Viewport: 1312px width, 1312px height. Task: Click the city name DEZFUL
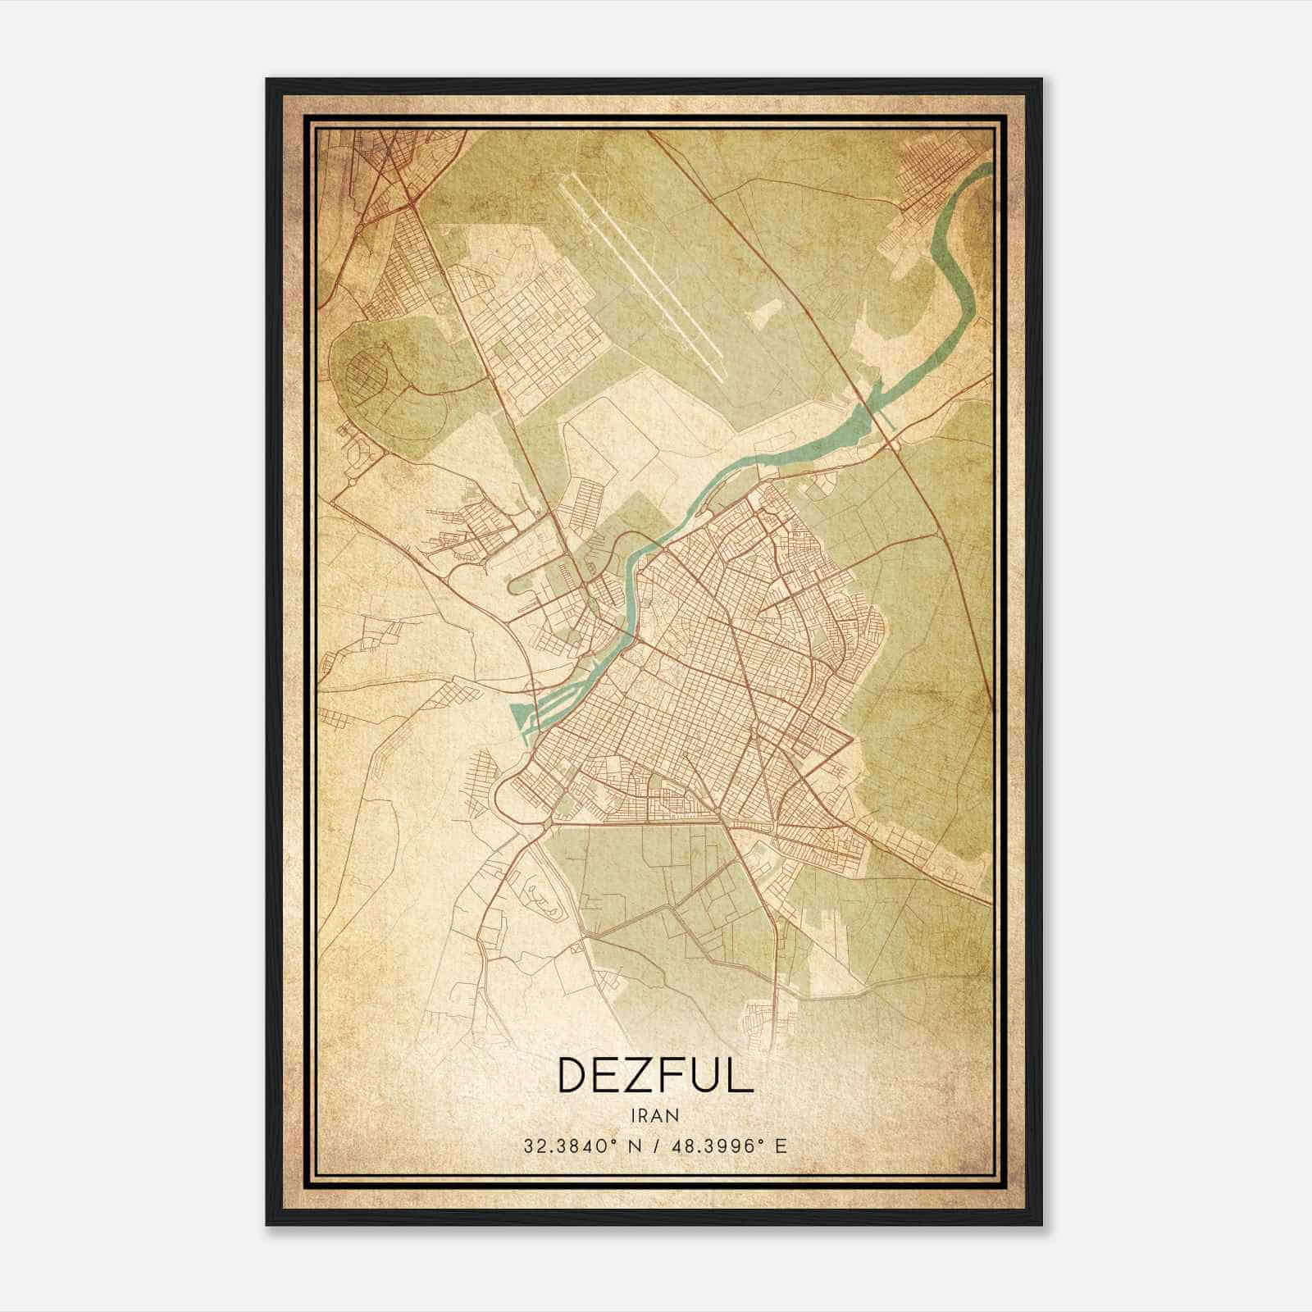click(654, 1075)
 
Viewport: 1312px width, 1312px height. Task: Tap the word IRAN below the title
click(654, 1115)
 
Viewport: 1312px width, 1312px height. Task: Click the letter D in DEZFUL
click(573, 1075)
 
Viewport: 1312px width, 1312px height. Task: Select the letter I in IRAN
click(634, 1115)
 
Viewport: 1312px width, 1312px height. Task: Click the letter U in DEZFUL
click(706, 1075)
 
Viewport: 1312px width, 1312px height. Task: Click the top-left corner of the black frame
click(268, 80)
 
